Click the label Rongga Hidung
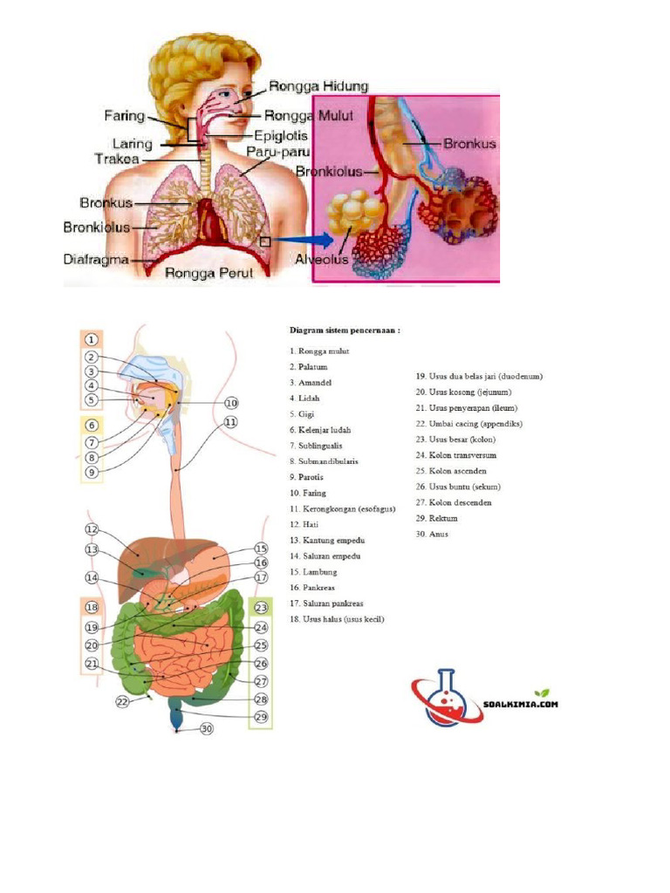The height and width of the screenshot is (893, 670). pyautogui.click(x=319, y=86)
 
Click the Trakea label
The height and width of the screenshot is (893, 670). pyautogui.click(x=118, y=158)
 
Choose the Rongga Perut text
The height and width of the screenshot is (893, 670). pyautogui.click(x=209, y=273)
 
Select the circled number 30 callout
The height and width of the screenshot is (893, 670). pyautogui.click(x=207, y=729)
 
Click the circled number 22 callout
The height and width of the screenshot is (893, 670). pyautogui.click(x=123, y=699)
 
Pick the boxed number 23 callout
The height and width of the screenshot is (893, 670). pyautogui.click(x=261, y=608)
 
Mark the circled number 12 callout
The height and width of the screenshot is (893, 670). pyautogui.click(x=92, y=530)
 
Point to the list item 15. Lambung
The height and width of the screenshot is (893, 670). pyautogui.click(x=315, y=571)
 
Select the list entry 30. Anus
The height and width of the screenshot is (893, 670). pyautogui.click(x=432, y=534)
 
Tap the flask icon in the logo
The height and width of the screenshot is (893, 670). pyautogui.click(x=443, y=696)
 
